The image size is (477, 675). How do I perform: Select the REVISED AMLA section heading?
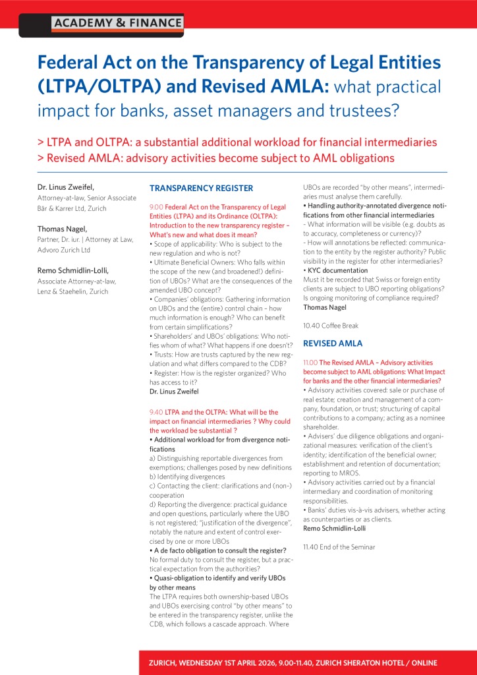click(x=333, y=343)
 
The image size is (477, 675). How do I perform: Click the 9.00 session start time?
click(x=159, y=207)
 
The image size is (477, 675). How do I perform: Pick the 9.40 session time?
click(x=158, y=411)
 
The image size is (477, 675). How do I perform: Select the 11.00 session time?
click(x=311, y=363)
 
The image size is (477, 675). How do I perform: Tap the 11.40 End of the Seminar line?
click(x=339, y=547)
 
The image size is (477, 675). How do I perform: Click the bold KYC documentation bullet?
click(x=337, y=270)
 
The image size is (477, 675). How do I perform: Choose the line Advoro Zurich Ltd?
click(x=63, y=250)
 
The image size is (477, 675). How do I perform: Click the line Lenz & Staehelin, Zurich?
click(x=72, y=292)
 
